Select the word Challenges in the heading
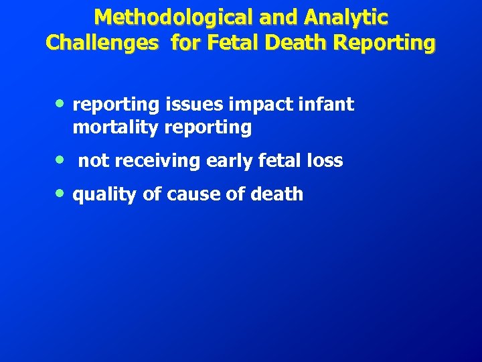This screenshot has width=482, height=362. pos(102,43)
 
